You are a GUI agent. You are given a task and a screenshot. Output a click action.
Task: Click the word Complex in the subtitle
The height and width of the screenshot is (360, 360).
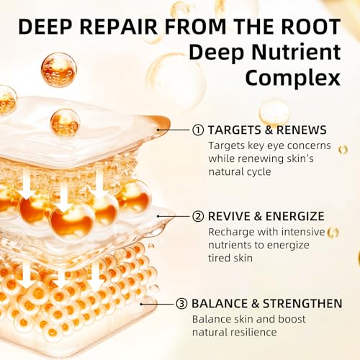point(293,78)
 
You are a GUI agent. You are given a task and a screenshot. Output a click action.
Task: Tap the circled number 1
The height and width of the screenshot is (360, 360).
point(198,130)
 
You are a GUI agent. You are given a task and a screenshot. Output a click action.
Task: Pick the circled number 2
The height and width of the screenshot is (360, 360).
point(198,217)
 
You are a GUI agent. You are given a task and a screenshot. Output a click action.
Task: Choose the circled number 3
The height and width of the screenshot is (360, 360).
point(181,304)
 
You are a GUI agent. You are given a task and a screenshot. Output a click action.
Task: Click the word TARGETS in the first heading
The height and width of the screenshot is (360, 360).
point(235,130)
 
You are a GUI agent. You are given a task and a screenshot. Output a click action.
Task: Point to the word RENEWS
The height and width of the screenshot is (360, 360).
point(302,130)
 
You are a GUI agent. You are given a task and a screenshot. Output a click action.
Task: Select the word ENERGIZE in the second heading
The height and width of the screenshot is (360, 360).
point(295,216)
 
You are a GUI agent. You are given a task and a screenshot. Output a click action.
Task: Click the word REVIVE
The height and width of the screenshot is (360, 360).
point(229,216)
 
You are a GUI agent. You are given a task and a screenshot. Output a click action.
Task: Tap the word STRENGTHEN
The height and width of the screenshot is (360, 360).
point(302,304)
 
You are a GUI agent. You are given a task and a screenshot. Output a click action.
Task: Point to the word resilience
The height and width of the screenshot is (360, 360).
point(253,332)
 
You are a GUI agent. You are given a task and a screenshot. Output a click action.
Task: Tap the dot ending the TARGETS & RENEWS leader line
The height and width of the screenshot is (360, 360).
point(158,130)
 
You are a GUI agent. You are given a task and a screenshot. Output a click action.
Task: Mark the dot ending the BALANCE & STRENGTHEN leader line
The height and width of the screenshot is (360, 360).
point(142,304)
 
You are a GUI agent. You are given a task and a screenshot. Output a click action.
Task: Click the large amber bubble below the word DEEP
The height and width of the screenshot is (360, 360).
point(58,70)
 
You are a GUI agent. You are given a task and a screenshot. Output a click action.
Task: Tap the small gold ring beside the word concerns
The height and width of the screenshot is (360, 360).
point(343,150)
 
